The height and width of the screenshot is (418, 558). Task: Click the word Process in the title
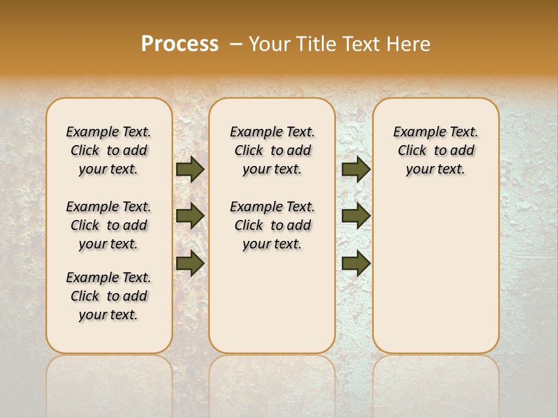pyautogui.click(x=179, y=44)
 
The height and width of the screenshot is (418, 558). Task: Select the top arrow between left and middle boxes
pyautogui.click(x=190, y=169)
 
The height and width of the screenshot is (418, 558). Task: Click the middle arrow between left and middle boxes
pyautogui.click(x=190, y=216)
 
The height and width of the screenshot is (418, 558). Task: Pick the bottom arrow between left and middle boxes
pyautogui.click(x=190, y=263)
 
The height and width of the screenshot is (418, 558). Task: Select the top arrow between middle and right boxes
pyautogui.click(x=356, y=169)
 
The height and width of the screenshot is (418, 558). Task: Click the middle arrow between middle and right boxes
pyautogui.click(x=356, y=216)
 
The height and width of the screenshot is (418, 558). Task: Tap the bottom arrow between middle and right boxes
pyautogui.click(x=356, y=263)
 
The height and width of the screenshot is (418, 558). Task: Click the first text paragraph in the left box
pyautogui.click(x=109, y=150)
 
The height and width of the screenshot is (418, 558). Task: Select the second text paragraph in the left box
pyautogui.click(x=109, y=225)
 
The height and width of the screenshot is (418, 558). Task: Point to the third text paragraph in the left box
pyautogui.click(x=109, y=296)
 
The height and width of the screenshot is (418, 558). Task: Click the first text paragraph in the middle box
pyautogui.click(x=273, y=150)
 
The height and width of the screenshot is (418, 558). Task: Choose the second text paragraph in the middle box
pyautogui.click(x=273, y=225)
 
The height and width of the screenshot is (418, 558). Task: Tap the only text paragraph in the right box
pyautogui.click(x=436, y=150)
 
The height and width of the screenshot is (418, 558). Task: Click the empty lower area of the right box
pyautogui.click(x=436, y=279)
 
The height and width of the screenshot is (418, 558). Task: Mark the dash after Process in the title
pyautogui.click(x=235, y=44)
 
